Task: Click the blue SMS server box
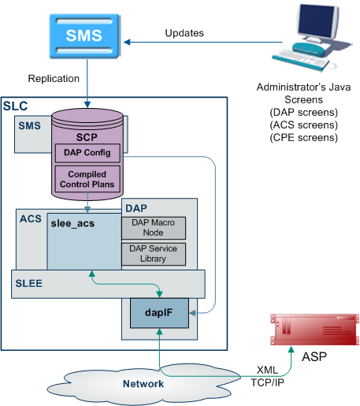pos(85,36)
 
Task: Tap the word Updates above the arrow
pos(184,33)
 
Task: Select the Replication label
pos(54,79)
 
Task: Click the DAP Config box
pos(87,153)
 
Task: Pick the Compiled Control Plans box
pos(87,179)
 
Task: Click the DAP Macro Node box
pos(154,228)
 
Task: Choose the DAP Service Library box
pos(154,254)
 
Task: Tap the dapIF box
pos(159,313)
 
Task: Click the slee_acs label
pos(72,224)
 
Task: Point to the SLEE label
pos(28,283)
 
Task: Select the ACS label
pos(31,218)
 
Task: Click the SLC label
pos(15,106)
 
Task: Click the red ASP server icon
pos(315,330)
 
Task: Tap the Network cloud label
pos(143,384)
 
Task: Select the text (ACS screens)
pos(304,125)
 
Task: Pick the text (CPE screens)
pos(304,138)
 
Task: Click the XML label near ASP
pos(267,370)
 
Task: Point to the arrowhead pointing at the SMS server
pos(127,42)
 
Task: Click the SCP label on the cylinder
pos(87,137)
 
